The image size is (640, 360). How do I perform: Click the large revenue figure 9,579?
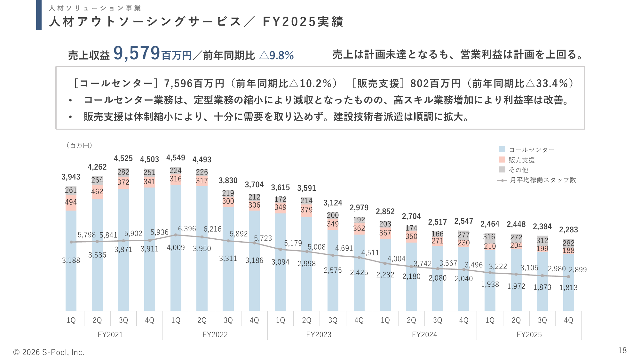(x=137, y=53)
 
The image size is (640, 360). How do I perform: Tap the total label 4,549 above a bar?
(x=176, y=158)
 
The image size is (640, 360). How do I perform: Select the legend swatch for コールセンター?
(x=502, y=149)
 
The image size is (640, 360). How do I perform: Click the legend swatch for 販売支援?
(x=502, y=160)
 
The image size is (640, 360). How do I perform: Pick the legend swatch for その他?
(x=502, y=170)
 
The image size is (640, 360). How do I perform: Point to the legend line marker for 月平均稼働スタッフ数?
(x=502, y=180)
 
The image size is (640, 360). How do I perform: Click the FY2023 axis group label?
(x=319, y=335)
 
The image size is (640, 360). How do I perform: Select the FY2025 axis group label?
(x=529, y=335)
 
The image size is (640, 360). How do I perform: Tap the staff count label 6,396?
(x=187, y=229)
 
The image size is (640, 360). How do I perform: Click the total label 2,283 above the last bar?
(x=568, y=230)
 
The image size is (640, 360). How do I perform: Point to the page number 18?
(x=622, y=351)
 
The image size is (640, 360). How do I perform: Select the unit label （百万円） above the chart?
(x=79, y=146)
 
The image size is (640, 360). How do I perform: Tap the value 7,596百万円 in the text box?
(x=194, y=84)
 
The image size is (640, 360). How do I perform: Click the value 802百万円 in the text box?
(x=435, y=84)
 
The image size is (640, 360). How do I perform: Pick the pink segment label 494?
(x=71, y=202)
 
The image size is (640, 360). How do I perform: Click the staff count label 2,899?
(x=578, y=270)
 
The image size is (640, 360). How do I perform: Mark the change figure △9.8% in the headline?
(x=276, y=55)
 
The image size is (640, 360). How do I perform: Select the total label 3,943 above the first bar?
(x=71, y=177)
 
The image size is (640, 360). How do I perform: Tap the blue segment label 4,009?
(x=176, y=248)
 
